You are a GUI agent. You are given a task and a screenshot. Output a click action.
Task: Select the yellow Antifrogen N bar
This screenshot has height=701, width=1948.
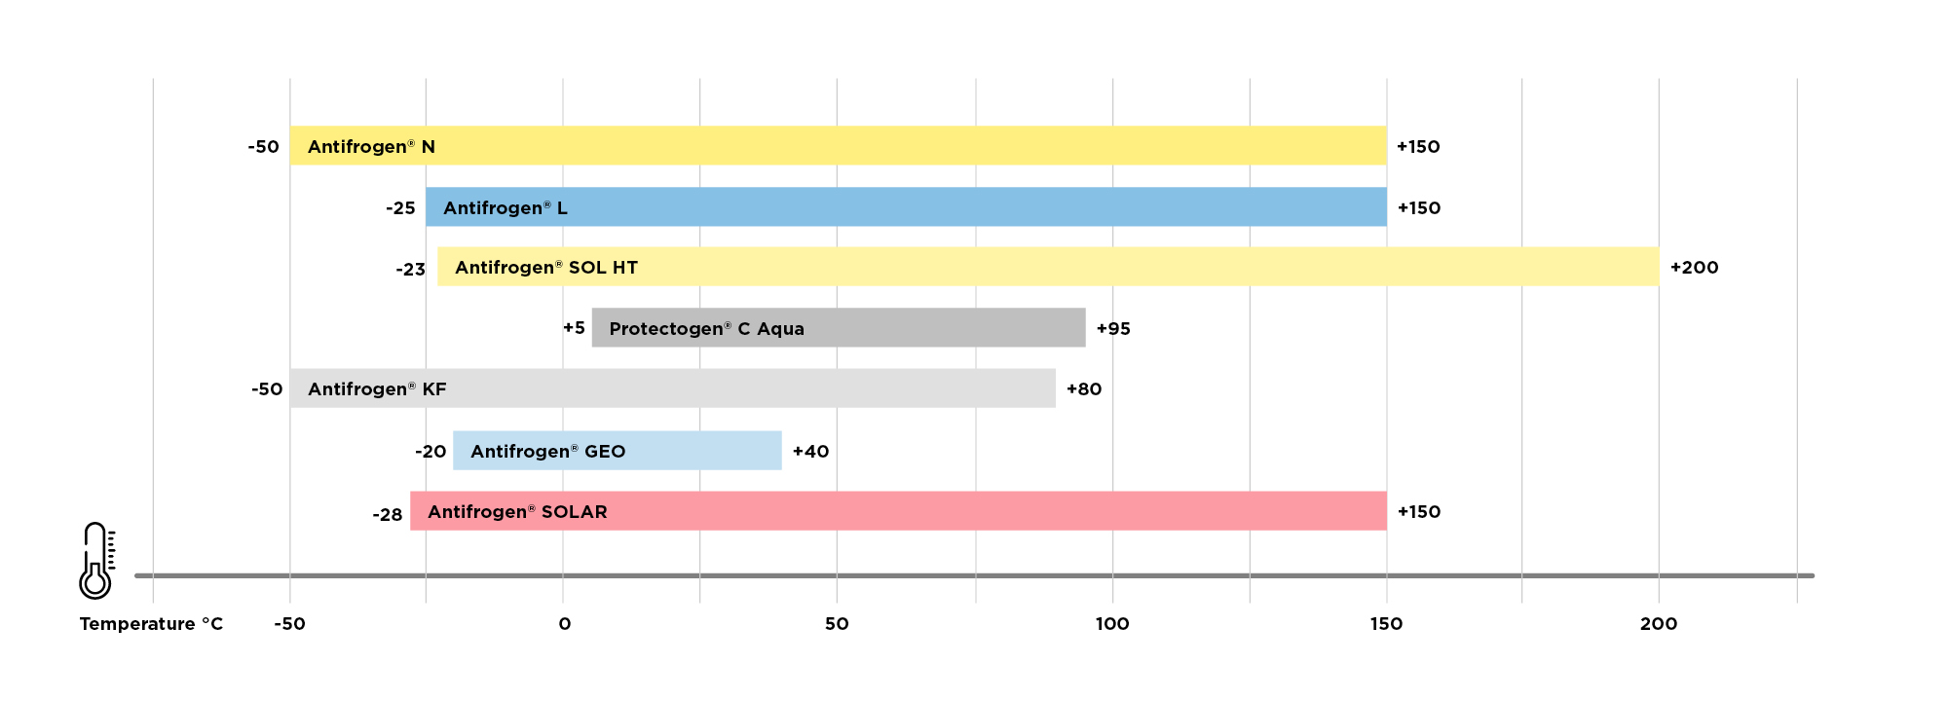[838, 146]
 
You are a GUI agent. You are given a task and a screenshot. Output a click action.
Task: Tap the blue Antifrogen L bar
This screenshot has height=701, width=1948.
[906, 207]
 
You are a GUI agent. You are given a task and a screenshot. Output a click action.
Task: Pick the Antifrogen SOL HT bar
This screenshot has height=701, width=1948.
[1048, 267]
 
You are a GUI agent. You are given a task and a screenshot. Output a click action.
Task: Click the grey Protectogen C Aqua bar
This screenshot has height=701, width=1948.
[839, 328]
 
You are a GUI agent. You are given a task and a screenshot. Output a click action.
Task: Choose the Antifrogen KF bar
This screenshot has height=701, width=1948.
[672, 388]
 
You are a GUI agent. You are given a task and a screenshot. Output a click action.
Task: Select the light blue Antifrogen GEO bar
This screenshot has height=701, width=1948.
[618, 451]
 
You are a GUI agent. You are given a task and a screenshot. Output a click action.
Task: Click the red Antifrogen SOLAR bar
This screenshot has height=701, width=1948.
[898, 511]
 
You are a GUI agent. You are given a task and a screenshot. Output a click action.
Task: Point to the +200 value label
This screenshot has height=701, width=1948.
[1694, 268]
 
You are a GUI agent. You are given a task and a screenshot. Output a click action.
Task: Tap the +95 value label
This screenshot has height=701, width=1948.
[1113, 329]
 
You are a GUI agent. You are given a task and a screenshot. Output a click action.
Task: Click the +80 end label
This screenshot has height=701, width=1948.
[1084, 389]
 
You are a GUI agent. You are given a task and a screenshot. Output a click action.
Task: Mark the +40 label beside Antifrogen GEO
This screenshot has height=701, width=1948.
[810, 452]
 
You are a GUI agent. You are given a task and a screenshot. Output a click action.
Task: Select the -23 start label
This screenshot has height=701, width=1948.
[410, 270]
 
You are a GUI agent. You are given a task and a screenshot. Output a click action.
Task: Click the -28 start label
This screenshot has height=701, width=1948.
[387, 515]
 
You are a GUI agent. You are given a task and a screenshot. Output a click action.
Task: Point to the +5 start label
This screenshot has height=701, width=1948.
[574, 328]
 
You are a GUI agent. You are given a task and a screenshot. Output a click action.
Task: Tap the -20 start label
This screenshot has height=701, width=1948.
[431, 452]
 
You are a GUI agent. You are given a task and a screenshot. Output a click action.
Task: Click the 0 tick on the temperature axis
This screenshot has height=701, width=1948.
[564, 624]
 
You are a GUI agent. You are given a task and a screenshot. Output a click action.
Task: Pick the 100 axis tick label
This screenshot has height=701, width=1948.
[1112, 624]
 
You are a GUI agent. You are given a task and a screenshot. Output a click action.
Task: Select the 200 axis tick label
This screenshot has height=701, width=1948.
[1658, 624]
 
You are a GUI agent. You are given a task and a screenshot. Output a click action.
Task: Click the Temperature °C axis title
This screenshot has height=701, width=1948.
[151, 624]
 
